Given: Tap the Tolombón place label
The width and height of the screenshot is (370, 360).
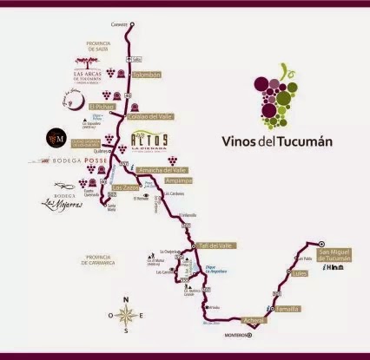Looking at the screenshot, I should [147, 75].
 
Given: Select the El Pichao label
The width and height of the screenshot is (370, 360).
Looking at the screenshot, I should [114, 106].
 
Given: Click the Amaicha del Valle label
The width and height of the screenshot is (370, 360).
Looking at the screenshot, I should [169, 170].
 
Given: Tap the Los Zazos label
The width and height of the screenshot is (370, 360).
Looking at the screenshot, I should [126, 187].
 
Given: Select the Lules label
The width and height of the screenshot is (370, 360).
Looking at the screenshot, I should [301, 274].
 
